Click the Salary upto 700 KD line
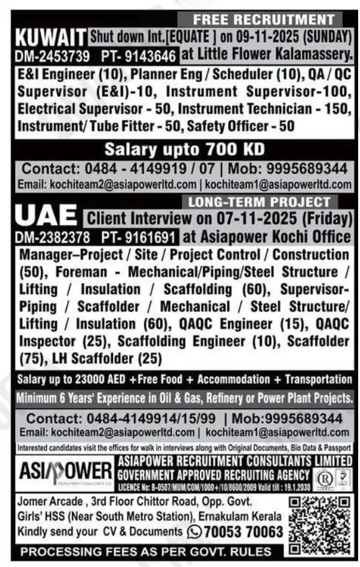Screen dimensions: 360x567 (184, 150)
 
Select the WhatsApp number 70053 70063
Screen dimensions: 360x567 (243, 532)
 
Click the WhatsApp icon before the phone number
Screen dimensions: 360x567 (194, 532)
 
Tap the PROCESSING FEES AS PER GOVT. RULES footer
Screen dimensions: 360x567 (145, 551)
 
